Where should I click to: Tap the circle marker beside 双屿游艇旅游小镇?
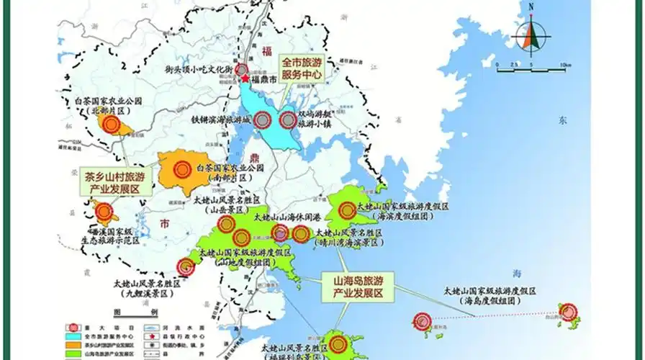(x=289, y=120)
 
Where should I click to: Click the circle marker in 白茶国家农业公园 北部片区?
(x=110, y=125)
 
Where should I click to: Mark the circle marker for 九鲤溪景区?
(x=186, y=267)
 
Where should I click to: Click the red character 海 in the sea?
(x=516, y=272)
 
